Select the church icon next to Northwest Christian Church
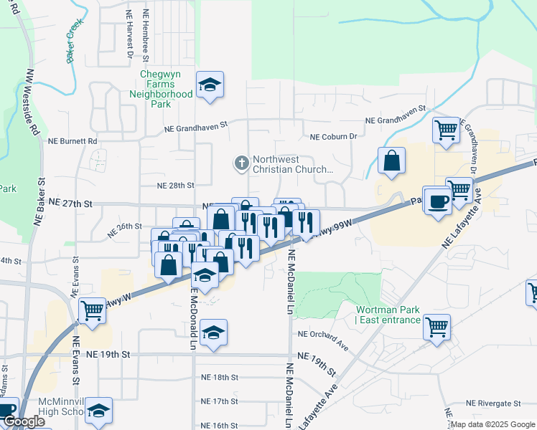241,164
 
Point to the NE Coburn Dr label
333,137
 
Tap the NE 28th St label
176,185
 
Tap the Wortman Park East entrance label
388,315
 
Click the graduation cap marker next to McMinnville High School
98,411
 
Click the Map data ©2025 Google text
492,424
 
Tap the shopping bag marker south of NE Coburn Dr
391,162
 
